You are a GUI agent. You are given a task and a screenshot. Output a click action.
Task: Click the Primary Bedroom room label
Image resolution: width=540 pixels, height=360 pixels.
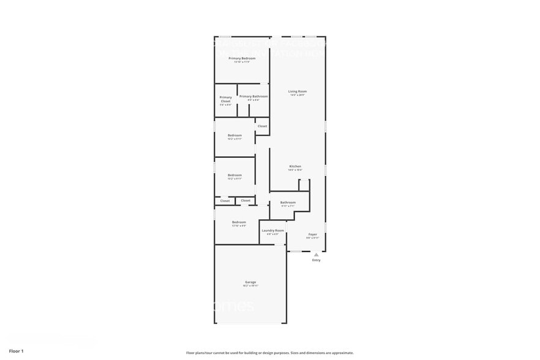tap(242, 58)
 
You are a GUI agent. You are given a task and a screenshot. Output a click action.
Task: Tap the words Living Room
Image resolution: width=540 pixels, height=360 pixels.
tap(298, 92)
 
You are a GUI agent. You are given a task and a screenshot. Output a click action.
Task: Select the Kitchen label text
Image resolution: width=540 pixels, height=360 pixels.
tap(295, 166)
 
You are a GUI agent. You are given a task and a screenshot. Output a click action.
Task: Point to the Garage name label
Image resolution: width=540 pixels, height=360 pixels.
tap(250, 282)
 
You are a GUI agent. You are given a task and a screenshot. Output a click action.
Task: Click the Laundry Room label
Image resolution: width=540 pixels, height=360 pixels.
tap(272, 230)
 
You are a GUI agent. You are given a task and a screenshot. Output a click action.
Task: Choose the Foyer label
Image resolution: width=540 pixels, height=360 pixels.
tap(312, 234)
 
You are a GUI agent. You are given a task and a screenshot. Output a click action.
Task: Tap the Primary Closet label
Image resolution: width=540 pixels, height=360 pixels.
tap(225, 99)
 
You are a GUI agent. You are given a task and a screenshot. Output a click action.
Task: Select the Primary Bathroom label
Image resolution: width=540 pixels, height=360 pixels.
tap(253, 96)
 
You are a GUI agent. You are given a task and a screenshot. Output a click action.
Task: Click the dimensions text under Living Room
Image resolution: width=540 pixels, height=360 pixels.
tap(298, 96)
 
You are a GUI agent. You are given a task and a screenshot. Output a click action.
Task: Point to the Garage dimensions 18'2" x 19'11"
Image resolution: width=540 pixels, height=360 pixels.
tap(250, 285)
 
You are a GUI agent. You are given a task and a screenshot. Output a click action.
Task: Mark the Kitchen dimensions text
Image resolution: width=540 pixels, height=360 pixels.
tap(295, 170)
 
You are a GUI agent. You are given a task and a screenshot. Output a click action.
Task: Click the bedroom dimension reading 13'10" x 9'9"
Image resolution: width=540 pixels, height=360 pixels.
tap(239, 225)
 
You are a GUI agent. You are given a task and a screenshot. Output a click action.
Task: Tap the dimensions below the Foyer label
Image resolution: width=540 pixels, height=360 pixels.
tap(312, 238)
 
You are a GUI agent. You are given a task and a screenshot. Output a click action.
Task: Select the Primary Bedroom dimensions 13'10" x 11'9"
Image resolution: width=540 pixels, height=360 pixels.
tap(242, 62)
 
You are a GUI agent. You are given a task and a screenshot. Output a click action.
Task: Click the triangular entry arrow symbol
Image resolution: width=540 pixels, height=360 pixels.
tap(316, 254)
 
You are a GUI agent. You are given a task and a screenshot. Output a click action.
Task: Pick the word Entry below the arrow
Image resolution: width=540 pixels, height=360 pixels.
tap(316, 260)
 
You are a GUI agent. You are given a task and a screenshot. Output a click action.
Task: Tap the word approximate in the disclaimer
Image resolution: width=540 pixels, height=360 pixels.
tap(342, 353)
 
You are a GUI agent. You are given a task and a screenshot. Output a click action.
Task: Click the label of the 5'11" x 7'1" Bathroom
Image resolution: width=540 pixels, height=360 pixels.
tap(288, 202)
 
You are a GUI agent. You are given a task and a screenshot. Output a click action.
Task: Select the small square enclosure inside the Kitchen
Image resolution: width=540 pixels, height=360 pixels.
tap(304, 185)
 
